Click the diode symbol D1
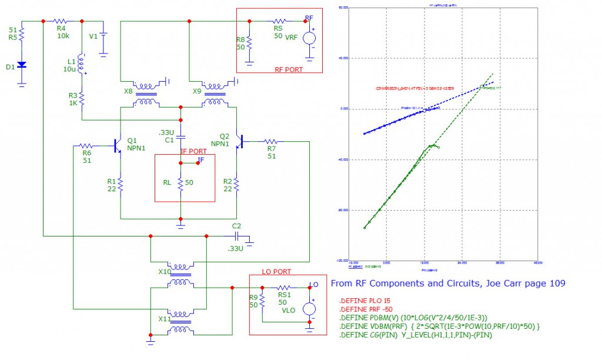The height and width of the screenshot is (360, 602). click(x=22, y=65)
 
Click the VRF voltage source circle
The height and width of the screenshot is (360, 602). click(x=309, y=38)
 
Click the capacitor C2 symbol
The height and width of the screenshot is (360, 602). click(x=236, y=235)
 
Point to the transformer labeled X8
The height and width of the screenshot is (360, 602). click(x=143, y=93)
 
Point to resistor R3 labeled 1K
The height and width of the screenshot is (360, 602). click(x=82, y=97)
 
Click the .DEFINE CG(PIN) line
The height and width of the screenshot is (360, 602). click(x=416, y=335)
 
